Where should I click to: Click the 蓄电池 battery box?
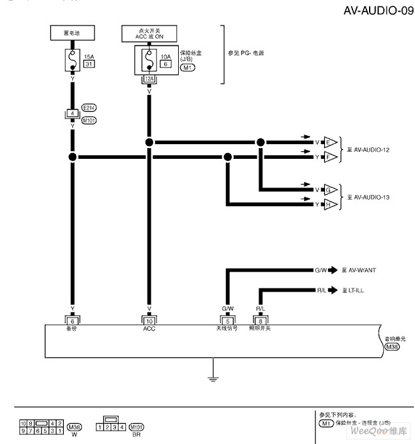[x=72, y=32]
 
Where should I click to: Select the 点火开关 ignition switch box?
[x=149, y=33]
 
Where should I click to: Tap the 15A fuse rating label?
[x=89, y=56]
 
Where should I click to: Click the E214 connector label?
[x=89, y=108]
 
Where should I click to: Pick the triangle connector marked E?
[x=330, y=142]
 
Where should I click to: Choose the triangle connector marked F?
[x=330, y=156]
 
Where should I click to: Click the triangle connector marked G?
[x=330, y=190]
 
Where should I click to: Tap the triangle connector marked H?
[x=330, y=204]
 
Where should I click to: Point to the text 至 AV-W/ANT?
[x=359, y=270]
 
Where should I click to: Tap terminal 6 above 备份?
[x=72, y=320]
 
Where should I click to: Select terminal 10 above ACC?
[x=149, y=320]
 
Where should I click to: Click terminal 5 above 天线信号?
[x=227, y=320]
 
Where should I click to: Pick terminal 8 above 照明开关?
[x=260, y=320]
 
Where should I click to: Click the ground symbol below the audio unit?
[x=213, y=379]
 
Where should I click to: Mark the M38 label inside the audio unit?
[x=393, y=348]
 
